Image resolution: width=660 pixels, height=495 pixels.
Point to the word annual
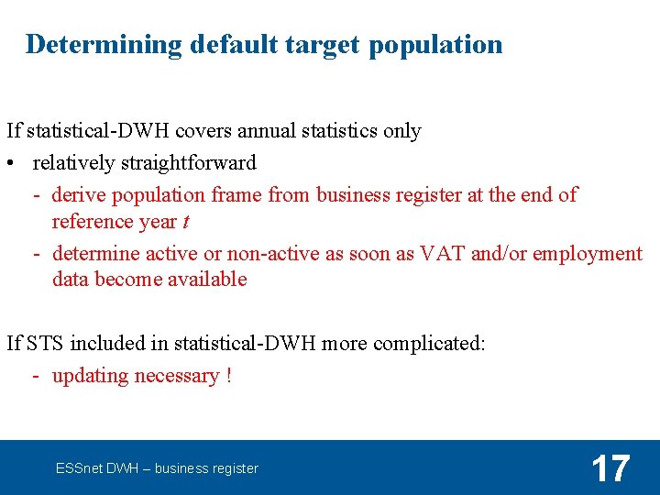(246, 131)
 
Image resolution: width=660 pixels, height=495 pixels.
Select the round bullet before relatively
(10, 164)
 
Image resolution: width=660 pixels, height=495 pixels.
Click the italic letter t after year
(186, 222)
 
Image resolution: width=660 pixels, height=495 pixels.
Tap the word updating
(90, 376)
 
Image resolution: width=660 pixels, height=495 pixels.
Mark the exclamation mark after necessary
(228, 376)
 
